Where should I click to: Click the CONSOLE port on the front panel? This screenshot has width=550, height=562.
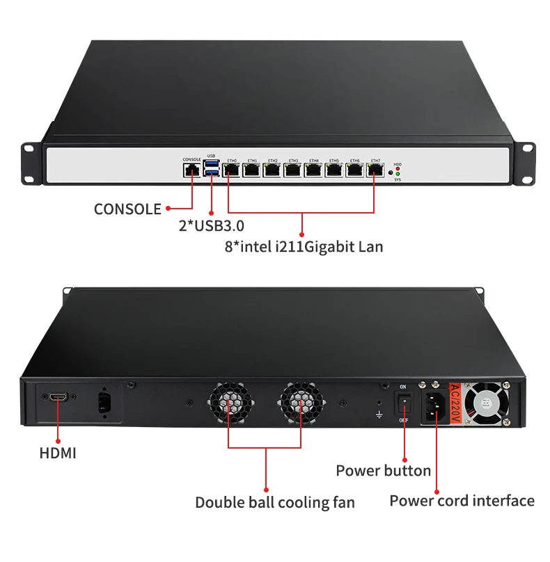[x=191, y=170]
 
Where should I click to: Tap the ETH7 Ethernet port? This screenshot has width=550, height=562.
[x=375, y=170]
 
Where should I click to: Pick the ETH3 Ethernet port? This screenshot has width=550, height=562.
[x=293, y=170]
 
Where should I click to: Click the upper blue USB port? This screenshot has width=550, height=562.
[x=212, y=165]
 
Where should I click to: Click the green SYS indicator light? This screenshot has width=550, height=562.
[x=398, y=174]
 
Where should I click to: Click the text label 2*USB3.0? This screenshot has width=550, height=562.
[x=211, y=225]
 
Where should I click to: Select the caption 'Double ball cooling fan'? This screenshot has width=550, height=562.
[x=274, y=502]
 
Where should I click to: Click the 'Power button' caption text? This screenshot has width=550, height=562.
[x=383, y=470]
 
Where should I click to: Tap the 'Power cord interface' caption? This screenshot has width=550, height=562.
[x=462, y=500]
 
